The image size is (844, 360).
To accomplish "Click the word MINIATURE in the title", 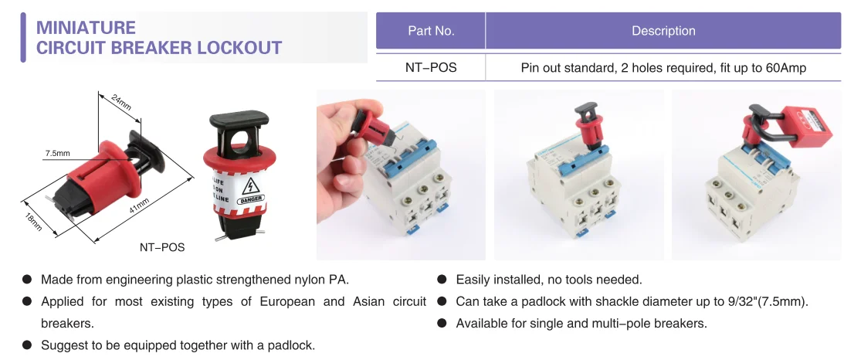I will [x=86, y=28].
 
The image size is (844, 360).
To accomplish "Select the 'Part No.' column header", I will [x=431, y=31].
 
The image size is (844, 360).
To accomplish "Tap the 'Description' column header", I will [x=663, y=31].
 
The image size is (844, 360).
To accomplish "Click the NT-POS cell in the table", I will [x=431, y=67].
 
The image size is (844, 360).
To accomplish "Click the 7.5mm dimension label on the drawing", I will [x=57, y=153].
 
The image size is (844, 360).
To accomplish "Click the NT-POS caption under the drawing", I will [x=161, y=247].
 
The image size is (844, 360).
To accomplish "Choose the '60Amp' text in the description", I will [x=786, y=67].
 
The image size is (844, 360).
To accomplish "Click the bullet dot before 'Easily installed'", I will [x=442, y=280].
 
